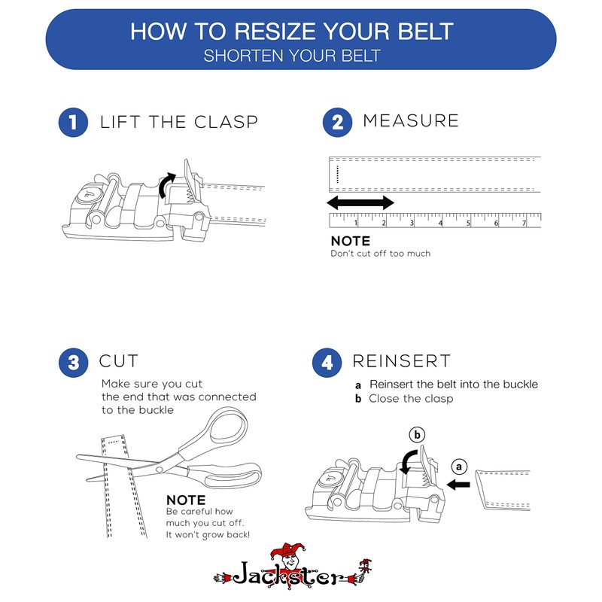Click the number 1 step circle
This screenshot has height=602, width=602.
coord(72,123)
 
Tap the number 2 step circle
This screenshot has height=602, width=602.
coord(337,123)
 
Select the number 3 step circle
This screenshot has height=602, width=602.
coord(72,363)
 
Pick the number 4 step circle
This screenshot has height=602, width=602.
coord(327,363)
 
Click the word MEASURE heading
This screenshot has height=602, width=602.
coord(411,120)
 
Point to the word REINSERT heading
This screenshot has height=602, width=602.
coord(402,361)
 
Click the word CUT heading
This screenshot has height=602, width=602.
coord(119,361)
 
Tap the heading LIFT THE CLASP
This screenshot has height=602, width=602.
coord(179,122)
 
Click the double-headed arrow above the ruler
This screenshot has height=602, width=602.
coord(360,202)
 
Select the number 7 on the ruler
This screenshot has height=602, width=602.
coord(524,223)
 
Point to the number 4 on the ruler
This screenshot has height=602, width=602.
coord(440,223)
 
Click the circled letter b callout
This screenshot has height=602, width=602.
coord(417,434)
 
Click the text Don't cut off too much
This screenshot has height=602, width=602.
coord(381,254)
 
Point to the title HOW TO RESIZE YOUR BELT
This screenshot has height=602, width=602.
coord(292,32)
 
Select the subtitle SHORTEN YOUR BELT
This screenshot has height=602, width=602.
coord(292,56)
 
